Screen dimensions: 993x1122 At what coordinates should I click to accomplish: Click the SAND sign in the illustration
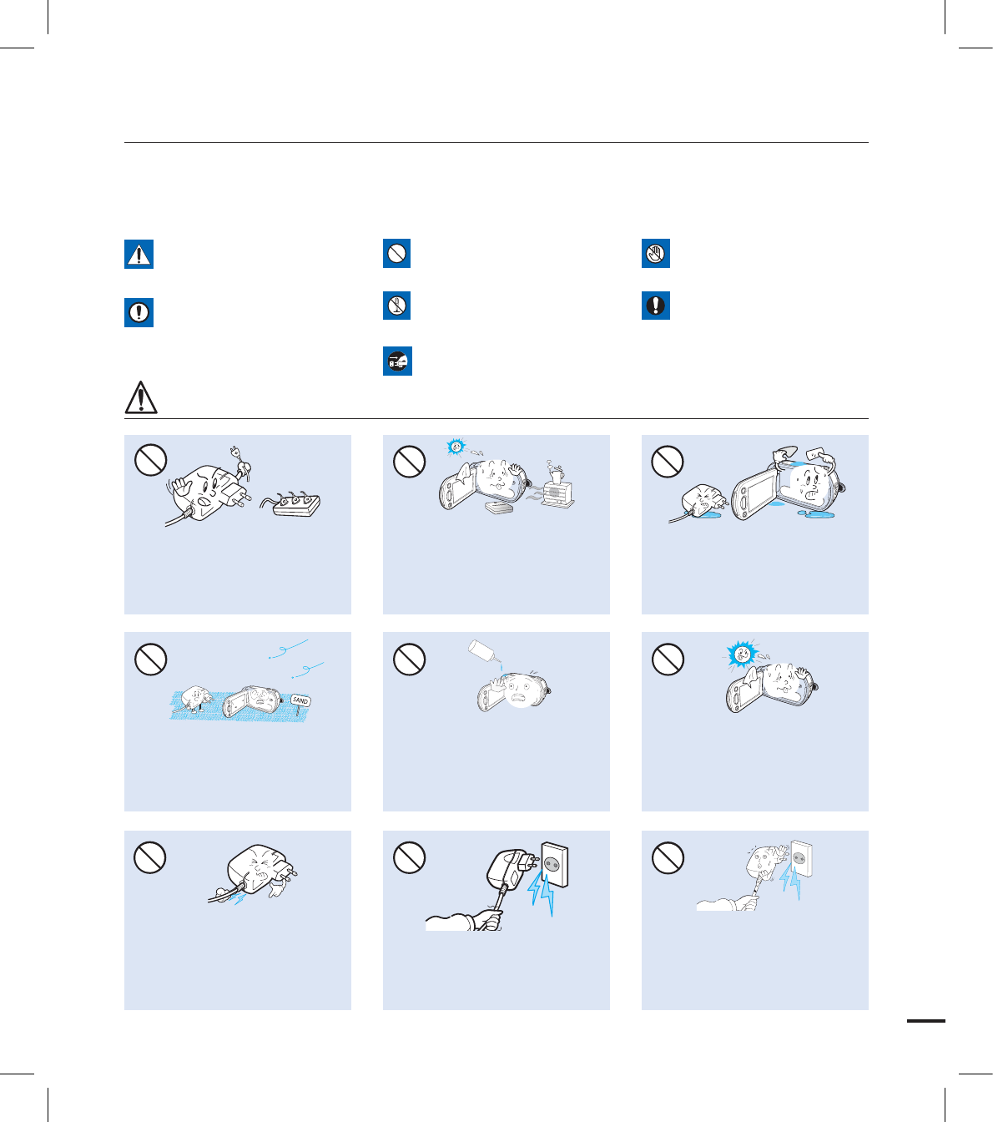(x=300, y=701)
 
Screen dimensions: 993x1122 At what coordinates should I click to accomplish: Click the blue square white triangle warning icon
(x=139, y=254)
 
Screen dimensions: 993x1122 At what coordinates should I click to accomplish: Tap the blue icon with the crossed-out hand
(x=656, y=254)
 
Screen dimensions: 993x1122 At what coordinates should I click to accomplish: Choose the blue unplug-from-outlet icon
(x=397, y=361)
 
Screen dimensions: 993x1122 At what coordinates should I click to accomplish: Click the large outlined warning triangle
(x=141, y=397)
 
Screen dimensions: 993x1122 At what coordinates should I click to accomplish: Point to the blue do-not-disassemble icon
(x=397, y=306)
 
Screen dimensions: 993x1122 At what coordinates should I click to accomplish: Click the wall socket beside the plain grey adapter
(x=554, y=865)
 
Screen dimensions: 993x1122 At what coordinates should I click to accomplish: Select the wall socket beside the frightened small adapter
(x=801, y=858)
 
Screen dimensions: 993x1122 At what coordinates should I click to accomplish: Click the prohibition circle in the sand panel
(x=150, y=659)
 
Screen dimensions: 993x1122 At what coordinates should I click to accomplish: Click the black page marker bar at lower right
(x=926, y=1021)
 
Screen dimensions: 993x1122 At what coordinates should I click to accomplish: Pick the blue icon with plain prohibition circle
(x=397, y=254)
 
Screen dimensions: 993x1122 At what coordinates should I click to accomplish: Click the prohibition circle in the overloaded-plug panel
(x=150, y=460)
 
